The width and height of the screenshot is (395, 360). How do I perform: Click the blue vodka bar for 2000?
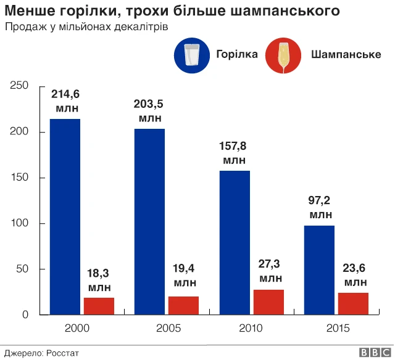click(x=65, y=216)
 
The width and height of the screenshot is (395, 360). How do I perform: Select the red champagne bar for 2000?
click(x=99, y=306)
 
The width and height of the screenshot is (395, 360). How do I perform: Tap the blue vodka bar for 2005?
click(x=149, y=221)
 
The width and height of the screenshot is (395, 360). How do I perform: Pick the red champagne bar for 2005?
click(x=183, y=306)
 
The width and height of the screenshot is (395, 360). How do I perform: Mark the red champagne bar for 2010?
click(x=268, y=302)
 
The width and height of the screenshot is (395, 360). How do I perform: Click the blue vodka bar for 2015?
click(x=319, y=270)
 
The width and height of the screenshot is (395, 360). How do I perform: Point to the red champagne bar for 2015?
click(x=353, y=304)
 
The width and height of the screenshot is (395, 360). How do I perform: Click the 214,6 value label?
click(x=65, y=94)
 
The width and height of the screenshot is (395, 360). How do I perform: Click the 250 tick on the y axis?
click(x=20, y=86)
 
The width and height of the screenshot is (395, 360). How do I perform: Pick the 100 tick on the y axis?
click(x=20, y=223)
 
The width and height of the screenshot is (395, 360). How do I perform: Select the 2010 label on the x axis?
click(x=251, y=328)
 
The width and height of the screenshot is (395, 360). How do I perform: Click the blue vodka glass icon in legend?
click(x=192, y=55)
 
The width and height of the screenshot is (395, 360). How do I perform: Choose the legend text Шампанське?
click(x=346, y=54)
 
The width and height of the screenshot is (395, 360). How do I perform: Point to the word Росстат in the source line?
click(x=63, y=353)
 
